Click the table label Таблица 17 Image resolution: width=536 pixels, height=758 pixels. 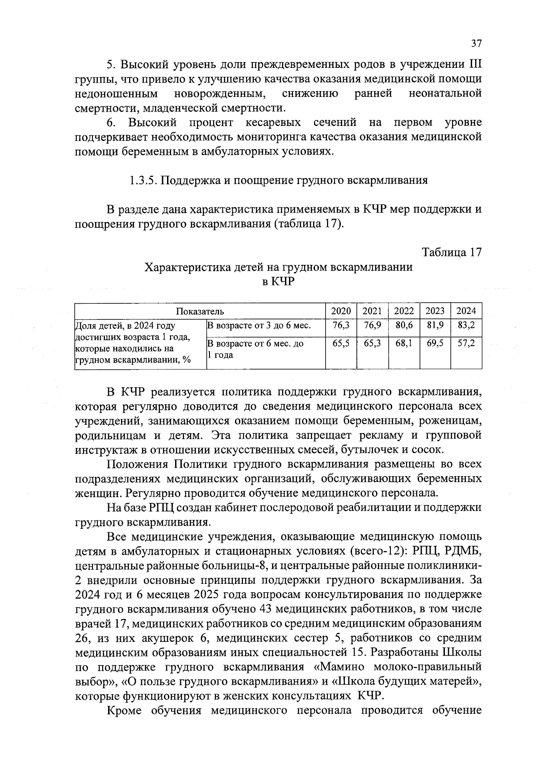point(452,252)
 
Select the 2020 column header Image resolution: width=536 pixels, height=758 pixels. point(341,311)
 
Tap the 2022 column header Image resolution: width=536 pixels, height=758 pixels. point(404,311)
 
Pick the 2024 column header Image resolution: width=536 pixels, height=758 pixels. point(466,311)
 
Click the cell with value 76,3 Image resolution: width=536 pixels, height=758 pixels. point(341,326)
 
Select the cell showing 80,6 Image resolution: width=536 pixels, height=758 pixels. point(404,326)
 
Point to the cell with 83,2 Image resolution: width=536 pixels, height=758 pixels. point(466,326)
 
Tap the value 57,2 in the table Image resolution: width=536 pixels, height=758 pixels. point(466,343)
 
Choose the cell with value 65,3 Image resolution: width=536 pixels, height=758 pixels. point(372,343)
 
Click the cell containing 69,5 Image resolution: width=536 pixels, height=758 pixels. point(435,343)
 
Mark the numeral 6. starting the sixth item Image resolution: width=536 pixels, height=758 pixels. point(112,122)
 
